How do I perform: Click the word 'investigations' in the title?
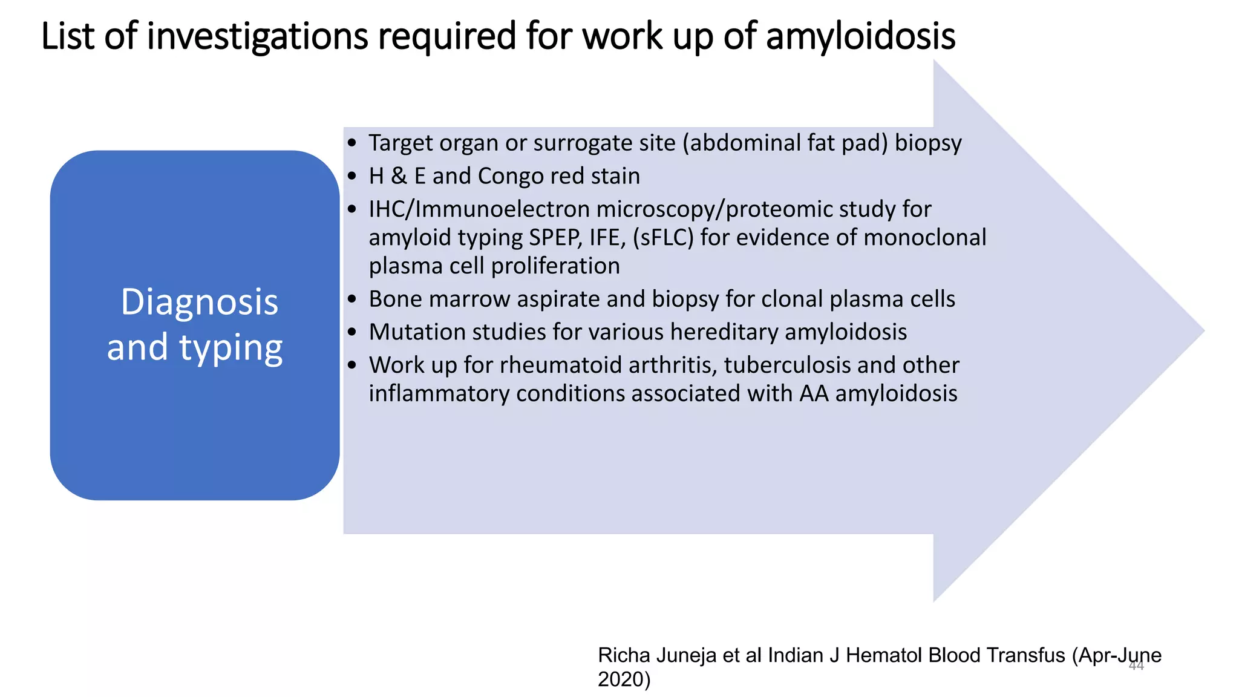[257, 36]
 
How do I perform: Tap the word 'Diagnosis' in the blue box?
[199, 302]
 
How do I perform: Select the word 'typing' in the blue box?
[230, 348]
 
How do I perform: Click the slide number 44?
[1136, 666]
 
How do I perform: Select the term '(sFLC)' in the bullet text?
[663, 237]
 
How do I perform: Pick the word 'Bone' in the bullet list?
[394, 299]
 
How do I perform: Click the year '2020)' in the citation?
[624, 679]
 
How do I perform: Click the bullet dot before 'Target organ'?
[352, 143]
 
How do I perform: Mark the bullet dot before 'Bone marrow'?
[352, 299]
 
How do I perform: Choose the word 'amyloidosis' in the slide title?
[860, 36]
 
